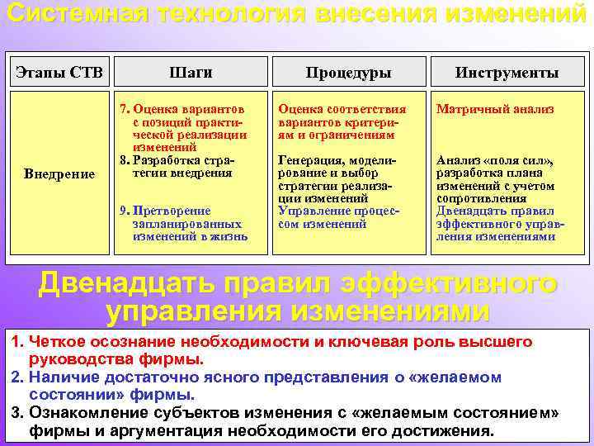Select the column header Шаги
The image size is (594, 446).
point(192,73)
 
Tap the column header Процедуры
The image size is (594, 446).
point(348,73)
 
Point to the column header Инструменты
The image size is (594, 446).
point(507,73)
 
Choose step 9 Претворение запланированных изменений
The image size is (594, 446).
point(186,223)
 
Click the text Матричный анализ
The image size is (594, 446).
point(495,109)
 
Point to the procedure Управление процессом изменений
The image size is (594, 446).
point(338,217)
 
